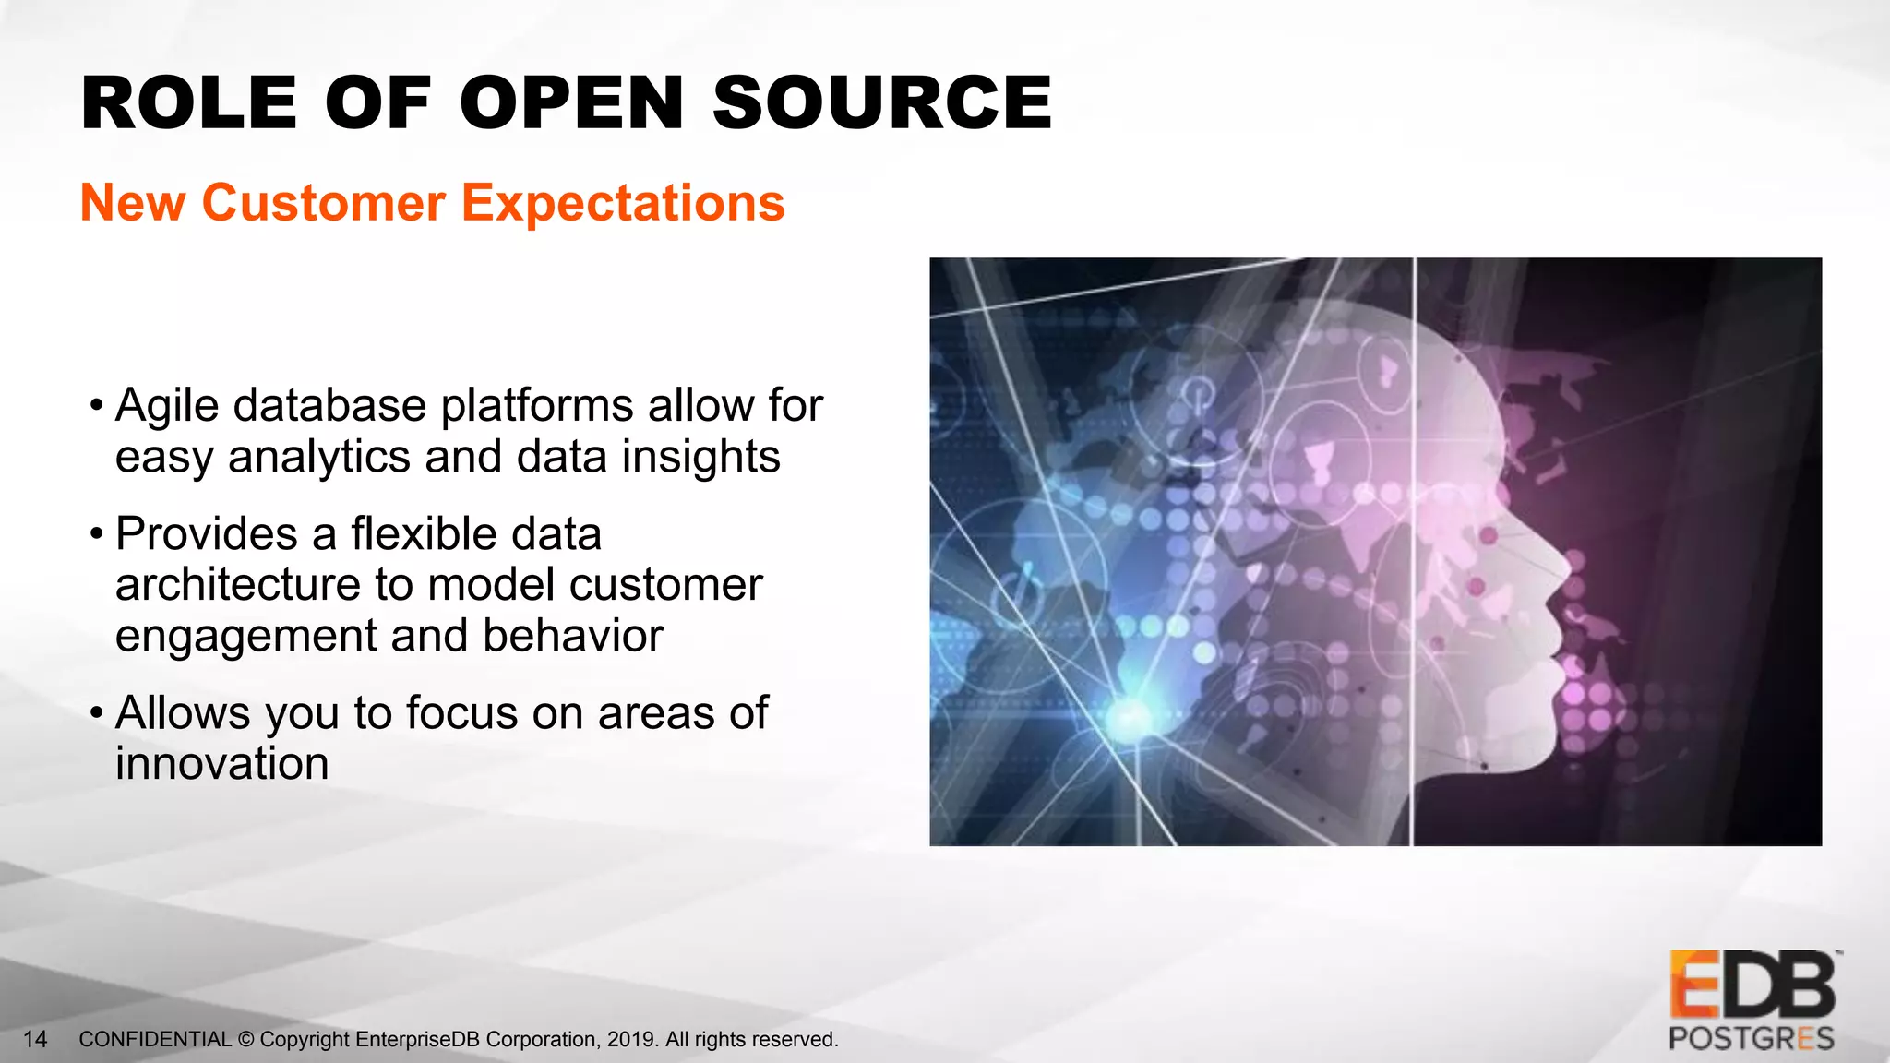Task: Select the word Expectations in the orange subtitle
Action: pyautogui.click(x=623, y=203)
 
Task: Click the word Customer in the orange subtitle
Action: pyautogui.click(x=323, y=203)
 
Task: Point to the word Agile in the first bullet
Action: pyautogui.click(x=166, y=406)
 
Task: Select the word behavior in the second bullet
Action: pyautogui.click(x=572, y=635)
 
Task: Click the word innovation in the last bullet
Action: pyautogui.click(x=221, y=764)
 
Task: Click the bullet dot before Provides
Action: pyautogui.click(x=96, y=534)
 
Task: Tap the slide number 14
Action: pyautogui.click(x=35, y=1040)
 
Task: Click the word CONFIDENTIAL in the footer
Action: pyautogui.click(x=155, y=1040)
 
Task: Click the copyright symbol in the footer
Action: pyautogui.click(x=245, y=1040)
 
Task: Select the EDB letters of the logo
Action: pyautogui.click(x=1752, y=985)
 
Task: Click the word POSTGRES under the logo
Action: pyautogui.click(x=1751, y=1039)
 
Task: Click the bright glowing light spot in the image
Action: pyautogui.click(x=1130, y=715)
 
